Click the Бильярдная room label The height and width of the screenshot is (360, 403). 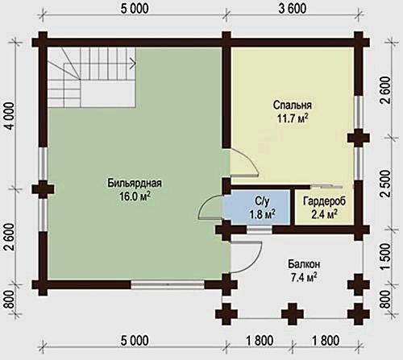pyautogui.click(x=135, y=183)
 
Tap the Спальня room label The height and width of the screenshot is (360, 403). pyautogui.click(x=293, y=105)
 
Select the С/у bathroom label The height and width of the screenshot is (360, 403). pyautogui.click(x=262, y=201)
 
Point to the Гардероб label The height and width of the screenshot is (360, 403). pyautogui.click(x=324, y=201)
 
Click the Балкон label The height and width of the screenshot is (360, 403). pyautogui.click(x=304, y=264)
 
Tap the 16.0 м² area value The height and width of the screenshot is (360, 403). pyautogui.click(x=135, y=197)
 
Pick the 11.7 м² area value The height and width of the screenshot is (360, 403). pyautogui.click(x=293, y=118)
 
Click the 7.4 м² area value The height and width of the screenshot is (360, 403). pyautogui.click(x=304, y=278)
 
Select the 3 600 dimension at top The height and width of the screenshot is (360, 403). pyautogui.click(x=293, y=9)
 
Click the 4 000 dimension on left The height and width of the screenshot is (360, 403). pyautogui.click(x=10, y=116)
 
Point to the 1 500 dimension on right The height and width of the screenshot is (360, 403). pyautogui.click(x=385, y=256)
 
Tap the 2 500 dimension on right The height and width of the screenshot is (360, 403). pyautogui.click(x=385, y=184)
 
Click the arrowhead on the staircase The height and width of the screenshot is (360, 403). pyautogui.click(x=133, y=64)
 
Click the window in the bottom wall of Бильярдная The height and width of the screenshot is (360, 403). pyautogui.click(x=168, y=284)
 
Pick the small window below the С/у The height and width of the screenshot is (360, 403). pyautogui.click(x=260, y=230)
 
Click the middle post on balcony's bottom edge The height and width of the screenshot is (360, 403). pyautogui.click(x=293, y=314)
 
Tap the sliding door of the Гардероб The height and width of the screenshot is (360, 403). pyautogui.click(x=326, y=186)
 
